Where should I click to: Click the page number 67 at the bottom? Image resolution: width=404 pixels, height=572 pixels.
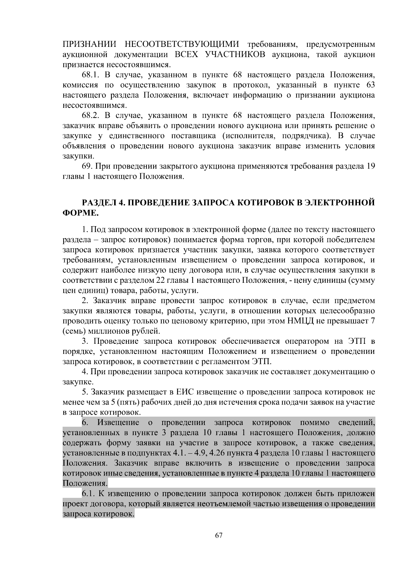pos(219,536)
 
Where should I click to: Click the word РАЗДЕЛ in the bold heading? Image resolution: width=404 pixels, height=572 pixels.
pos(98,203)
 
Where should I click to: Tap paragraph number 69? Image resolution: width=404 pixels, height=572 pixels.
pos(87,167)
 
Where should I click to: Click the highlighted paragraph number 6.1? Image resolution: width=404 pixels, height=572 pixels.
pos(89,494)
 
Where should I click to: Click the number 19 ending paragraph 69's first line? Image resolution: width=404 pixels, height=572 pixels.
pos(370,167)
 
